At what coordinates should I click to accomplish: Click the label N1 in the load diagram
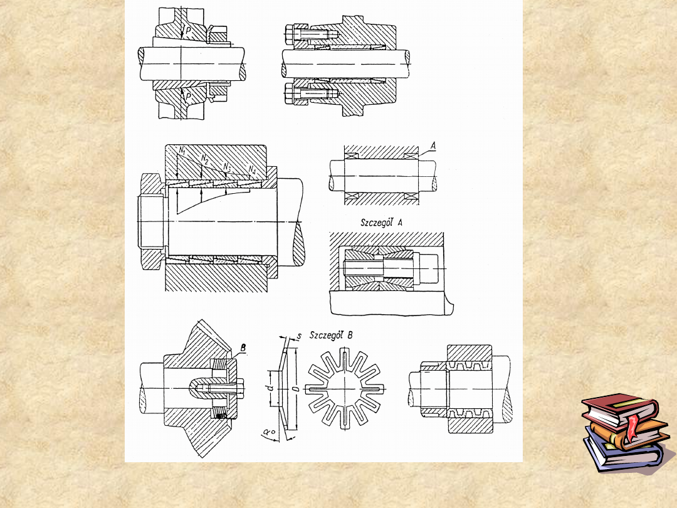[183, 152]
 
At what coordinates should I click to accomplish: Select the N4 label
[253, 170]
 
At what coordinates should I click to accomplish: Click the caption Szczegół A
[382, 223]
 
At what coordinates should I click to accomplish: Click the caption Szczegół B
[331, 335]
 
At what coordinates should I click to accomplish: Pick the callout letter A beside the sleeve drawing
[433, 146]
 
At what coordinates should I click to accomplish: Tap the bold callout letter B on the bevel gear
[243, 347]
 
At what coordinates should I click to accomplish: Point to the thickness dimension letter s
[299, 336]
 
